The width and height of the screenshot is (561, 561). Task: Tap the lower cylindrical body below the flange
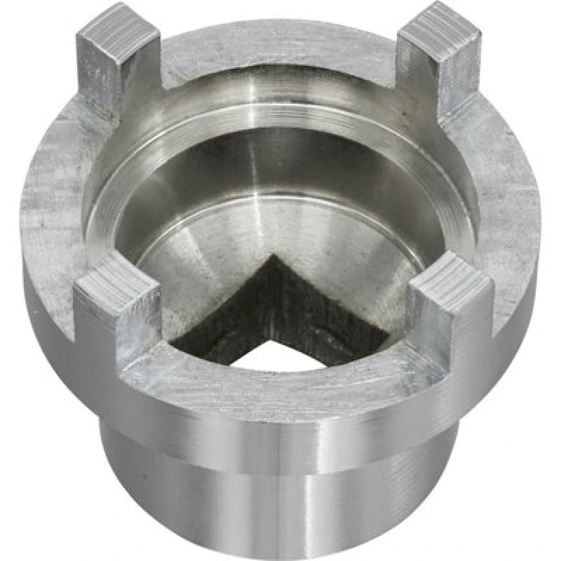click(x=280, y=505)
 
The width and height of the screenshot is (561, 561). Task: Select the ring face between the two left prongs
click(x=53, y=203)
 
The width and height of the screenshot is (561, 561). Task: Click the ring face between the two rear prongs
click(x=280, y=53)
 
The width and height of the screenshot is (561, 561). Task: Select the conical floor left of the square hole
click(x=182, y=259)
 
